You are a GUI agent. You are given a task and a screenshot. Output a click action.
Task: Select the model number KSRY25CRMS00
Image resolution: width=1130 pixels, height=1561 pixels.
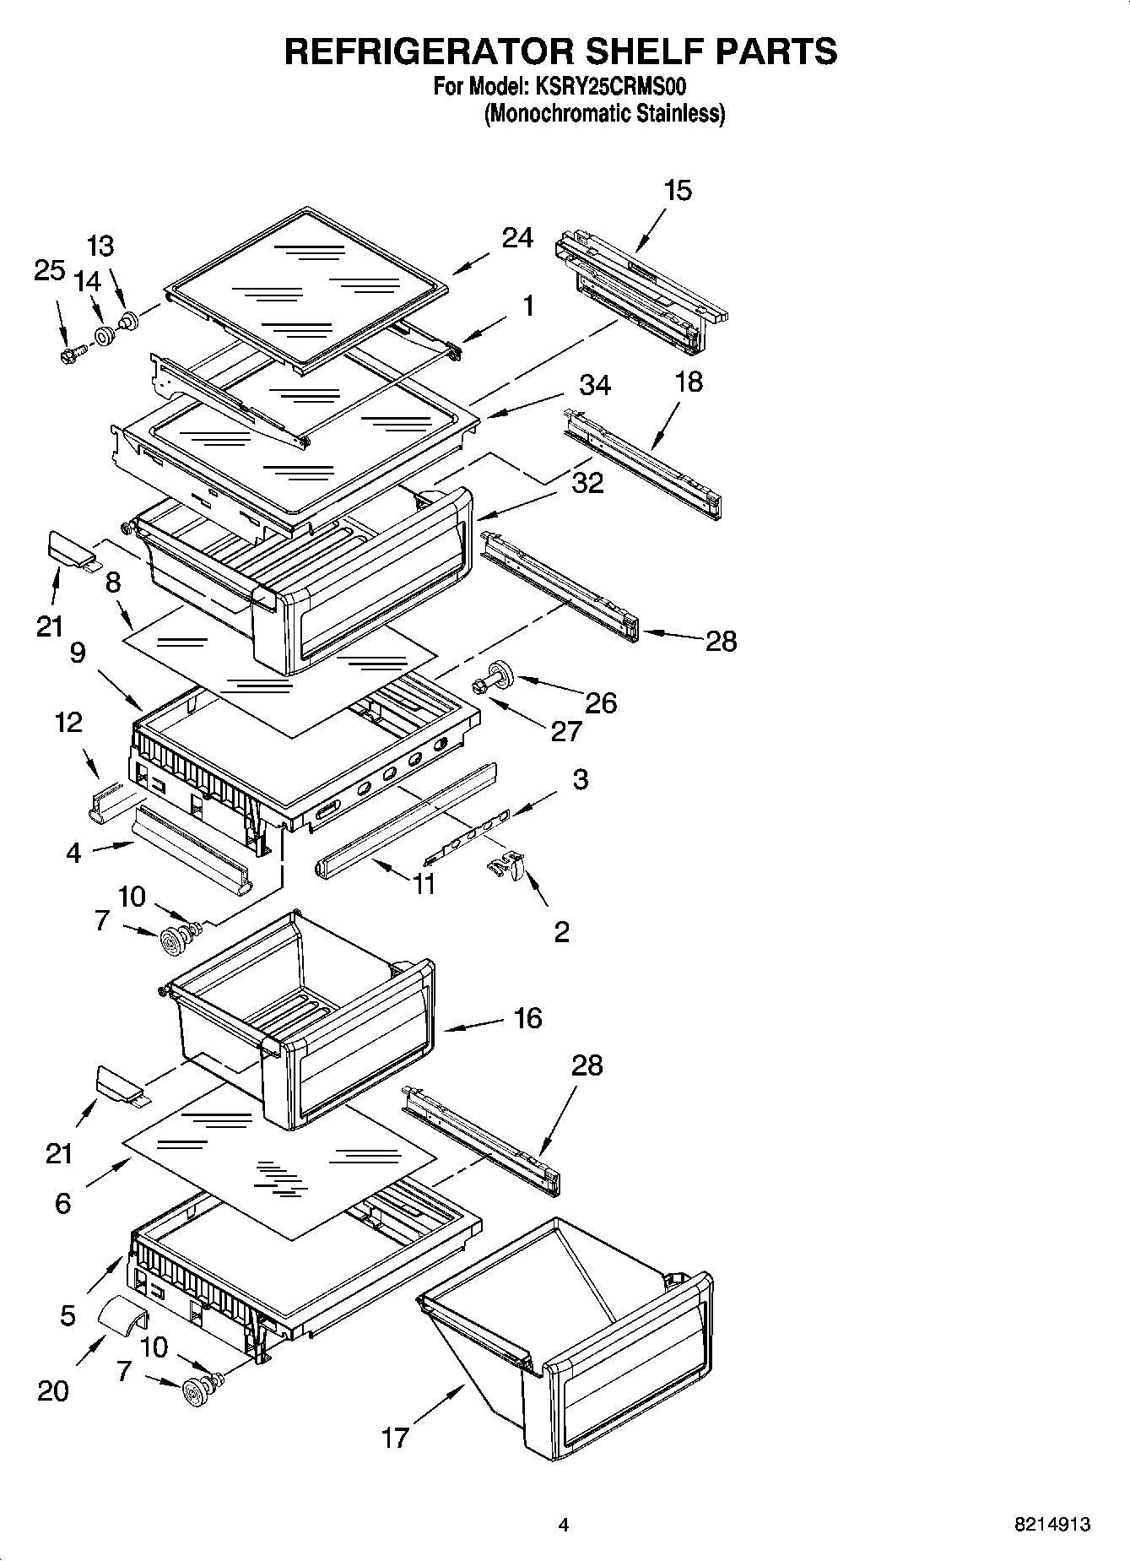tap(608, 87)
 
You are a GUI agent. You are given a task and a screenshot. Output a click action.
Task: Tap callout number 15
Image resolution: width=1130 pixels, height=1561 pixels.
tap(677, 191)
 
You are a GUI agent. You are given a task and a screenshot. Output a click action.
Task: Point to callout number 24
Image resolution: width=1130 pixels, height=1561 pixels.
tap(516, 239)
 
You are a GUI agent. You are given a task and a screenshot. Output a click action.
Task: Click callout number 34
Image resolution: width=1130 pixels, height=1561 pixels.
tap(594, 386)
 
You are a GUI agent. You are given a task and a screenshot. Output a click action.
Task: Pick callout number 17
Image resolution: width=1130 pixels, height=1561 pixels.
tap(394, 1436)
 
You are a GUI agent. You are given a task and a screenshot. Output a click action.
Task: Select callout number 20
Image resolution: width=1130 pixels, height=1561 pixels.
tap(52, 1390)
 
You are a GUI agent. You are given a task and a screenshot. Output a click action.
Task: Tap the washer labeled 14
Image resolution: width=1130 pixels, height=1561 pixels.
tap(105, 337)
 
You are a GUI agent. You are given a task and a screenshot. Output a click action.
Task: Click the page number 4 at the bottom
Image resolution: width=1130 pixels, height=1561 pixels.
tap(564, 1525)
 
